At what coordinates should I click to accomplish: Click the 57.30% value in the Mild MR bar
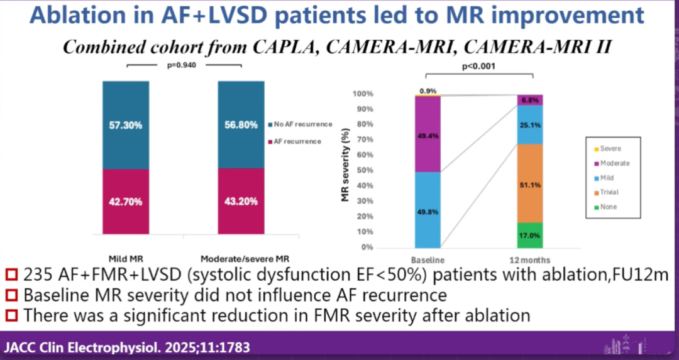click(x=126, y=125)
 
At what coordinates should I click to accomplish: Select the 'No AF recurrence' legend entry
click(x=303, y=124)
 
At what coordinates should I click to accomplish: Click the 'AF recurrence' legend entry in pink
click(x=299, y=141)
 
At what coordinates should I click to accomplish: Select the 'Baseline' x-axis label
click(x=428, y=260)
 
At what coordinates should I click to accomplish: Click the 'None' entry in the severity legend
click(x=608, y=207)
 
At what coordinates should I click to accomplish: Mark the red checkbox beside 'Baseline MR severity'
click(x=10, y=295)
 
